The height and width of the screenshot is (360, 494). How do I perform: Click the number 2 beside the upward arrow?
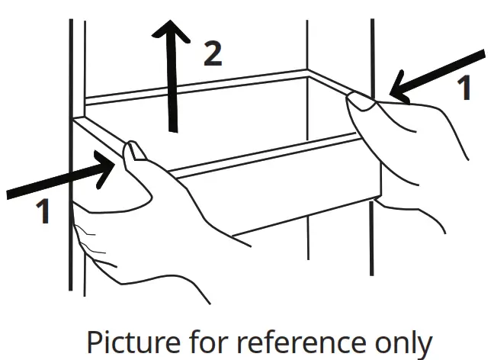pyautogui.click(x=213, y=53)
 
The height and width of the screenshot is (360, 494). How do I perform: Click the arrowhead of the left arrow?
pyautogui.click(x=106, y=169)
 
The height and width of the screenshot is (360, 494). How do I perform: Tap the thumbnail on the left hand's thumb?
pyautogui.click(x=133, y=150)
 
